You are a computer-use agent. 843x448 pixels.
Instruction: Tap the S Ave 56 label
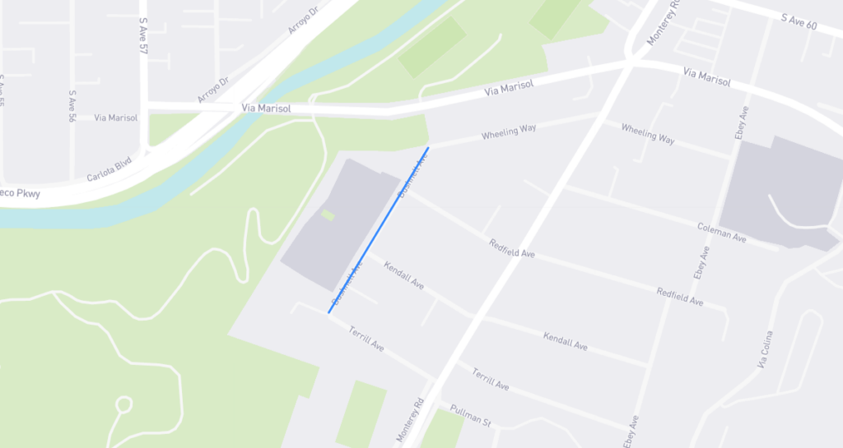[x=72, y=106]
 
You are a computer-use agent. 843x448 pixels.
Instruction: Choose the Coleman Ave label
[x=721, y=232]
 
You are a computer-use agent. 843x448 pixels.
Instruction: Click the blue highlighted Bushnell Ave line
[x=379, y=229]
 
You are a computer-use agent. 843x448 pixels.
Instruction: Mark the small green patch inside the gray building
[x=328, y=215]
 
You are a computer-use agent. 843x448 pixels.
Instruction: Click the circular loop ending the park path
[x=123, y=404]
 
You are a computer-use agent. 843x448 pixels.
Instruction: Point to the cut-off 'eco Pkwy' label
[x=19, y=194]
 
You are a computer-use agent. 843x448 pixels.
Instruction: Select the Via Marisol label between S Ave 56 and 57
[x=116, y=118]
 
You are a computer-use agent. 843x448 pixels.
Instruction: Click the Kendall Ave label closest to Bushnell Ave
[x=403, y=276]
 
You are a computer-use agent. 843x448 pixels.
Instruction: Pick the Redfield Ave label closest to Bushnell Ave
[x=511, y=248]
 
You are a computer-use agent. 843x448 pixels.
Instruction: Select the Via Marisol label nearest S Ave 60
[x=706, y=78]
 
